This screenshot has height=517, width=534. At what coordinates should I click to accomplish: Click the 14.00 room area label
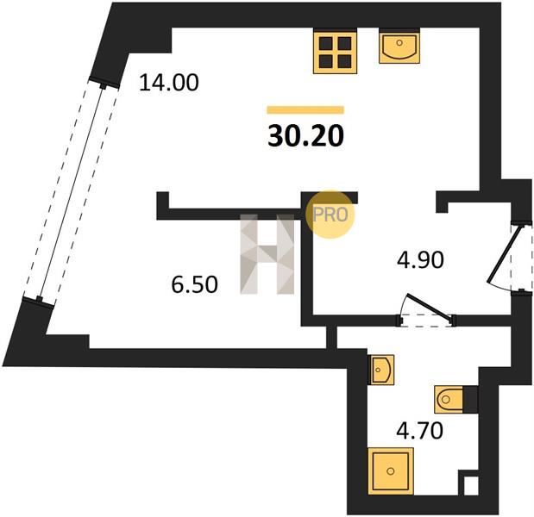pos(168,83)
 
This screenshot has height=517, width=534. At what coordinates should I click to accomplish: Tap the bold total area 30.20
pos(306,136)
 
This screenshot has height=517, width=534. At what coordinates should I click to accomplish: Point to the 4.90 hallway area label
pos(421,260)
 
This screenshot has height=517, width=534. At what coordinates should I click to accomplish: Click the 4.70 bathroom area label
pos(419,430)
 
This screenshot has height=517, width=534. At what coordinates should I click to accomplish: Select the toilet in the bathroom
pos(449,400)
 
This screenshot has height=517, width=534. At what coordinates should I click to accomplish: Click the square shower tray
pos(391,471)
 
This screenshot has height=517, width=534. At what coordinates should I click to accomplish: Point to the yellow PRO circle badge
pos(330,215)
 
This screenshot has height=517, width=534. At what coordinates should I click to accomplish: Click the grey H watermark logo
pos(267,253)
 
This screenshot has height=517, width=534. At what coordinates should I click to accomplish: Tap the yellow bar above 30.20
pos(305,110)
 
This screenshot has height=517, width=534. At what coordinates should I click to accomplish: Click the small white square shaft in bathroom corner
pos(471,486)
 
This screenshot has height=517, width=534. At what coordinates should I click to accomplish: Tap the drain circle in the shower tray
pos(391,471)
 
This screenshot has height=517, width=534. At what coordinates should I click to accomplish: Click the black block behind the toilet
pos(470,400)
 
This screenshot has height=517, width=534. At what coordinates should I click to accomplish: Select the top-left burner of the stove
pos(326,43)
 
